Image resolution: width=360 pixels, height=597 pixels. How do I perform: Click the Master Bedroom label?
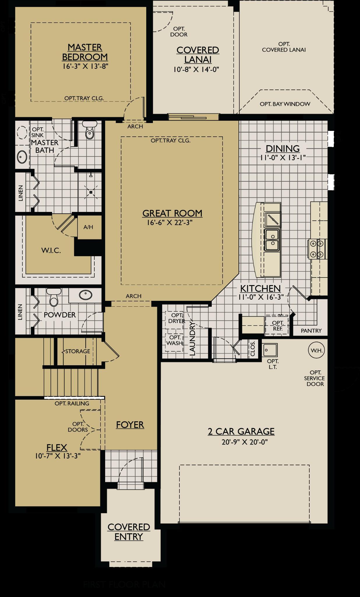(85, 52)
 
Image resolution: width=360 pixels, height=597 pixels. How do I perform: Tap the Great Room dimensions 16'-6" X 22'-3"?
(170, 223)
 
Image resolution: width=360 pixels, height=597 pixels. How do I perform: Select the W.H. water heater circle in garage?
(316, 350)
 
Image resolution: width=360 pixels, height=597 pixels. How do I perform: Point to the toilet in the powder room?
(54, 297)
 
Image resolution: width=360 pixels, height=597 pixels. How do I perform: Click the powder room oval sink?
(86, 295)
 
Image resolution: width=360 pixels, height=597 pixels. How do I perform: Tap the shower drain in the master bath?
(91, 192)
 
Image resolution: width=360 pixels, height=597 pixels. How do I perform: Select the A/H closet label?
(88, 227)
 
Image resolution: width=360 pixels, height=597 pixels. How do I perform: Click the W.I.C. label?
(51, 250)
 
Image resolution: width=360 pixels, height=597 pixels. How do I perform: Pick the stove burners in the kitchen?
(317, 249)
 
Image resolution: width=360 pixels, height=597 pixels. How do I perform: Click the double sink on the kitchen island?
(272, 240)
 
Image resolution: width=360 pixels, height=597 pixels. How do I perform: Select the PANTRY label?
(311, 331)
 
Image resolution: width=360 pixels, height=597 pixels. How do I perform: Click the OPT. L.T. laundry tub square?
(270, 350)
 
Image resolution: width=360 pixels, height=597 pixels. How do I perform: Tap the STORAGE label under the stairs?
(77, 351)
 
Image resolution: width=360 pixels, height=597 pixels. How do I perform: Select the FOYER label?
(130, 425)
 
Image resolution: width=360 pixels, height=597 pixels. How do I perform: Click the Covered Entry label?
(129, 532)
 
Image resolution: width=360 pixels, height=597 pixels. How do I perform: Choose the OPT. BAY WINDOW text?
(285, 104)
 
